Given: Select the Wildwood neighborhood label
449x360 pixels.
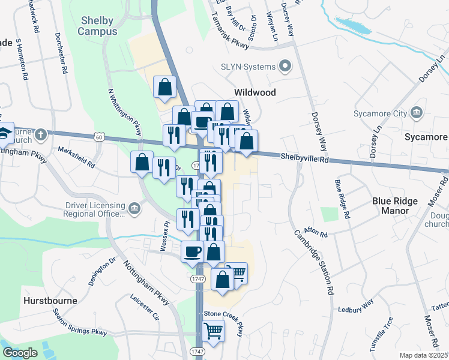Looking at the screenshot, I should [255, 92].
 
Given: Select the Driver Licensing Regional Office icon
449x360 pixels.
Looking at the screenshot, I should [134, 209].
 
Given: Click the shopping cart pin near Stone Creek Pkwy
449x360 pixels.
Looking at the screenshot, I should [214, 330].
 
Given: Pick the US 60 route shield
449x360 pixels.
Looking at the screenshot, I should [98, 137].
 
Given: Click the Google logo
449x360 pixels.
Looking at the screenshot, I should [20, 353].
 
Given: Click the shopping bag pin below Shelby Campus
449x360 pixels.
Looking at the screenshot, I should [164, 88].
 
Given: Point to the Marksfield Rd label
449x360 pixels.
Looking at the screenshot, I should [76, 157].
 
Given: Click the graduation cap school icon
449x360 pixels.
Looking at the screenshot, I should [5, 133].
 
